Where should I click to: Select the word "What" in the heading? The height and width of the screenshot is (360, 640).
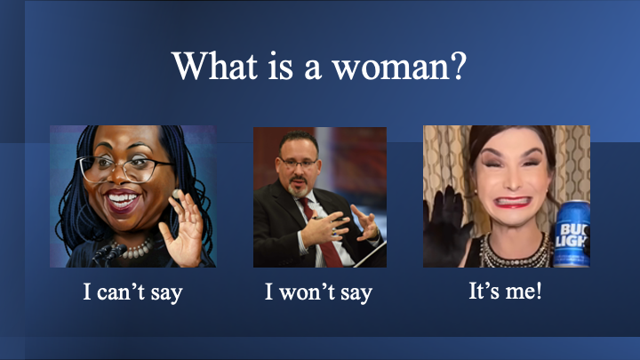tap(215, 65)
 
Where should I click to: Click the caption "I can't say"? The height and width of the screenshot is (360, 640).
tap(132, 292)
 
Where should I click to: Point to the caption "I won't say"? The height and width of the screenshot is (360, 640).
tap(318, 292)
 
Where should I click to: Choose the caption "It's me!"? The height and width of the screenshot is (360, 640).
tap(505, 291)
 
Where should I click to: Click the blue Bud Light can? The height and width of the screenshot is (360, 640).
tap(572, 234)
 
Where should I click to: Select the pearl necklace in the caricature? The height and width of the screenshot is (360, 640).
tap(134, 249)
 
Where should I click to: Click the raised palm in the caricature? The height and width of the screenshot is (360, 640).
tap(184, 228)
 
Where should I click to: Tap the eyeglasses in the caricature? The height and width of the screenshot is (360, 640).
tap(123, 168)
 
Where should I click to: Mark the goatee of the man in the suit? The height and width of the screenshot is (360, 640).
tap(298, 188)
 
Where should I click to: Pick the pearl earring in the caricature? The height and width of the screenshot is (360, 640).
tap(176, 194)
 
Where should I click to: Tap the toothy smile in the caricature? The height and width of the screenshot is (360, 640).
tap(123, 201)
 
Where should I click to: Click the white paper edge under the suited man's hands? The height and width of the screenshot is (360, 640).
tap(370, 255)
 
